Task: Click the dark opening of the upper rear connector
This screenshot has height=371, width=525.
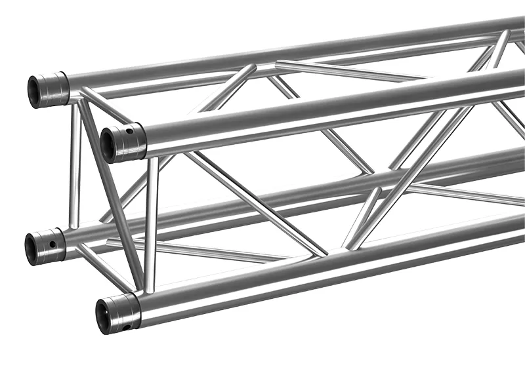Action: [33, 88]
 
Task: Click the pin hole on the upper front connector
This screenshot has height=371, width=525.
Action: [130, 131]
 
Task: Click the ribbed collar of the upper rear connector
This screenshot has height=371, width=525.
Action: [56, 88]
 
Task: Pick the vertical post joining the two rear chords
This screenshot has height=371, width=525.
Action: [75, 167]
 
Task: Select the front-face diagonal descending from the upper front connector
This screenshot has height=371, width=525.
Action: [256, 203]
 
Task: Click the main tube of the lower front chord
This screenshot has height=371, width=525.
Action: [328, 275]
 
